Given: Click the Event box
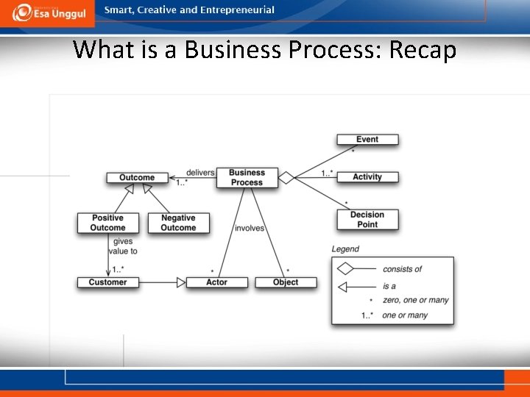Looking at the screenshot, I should tap(367, 139).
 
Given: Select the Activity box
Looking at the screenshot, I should tap(367, 176).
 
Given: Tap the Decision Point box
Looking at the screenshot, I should tap(367, 219).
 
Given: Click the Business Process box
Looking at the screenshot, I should tap(247, 177).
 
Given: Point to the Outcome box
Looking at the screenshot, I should tap(137, 177).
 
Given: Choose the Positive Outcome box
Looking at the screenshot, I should tap(107, 223).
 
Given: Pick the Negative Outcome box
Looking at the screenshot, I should tap(178, 223).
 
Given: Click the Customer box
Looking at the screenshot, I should tap(107, 282).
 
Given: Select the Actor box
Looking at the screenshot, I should tap(216, 282).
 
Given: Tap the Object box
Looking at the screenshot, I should tap(286, 282).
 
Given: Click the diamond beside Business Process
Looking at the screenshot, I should tap(286, 176).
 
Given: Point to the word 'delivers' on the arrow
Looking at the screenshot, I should tap(200, 173).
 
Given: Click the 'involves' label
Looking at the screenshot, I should tap(250, 228).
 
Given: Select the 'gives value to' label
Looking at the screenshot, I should tap(122, 246).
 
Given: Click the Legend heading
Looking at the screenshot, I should tap(345, 249).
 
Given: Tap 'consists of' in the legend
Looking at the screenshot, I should tap(403, 269).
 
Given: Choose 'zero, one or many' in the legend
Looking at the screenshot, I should tap(415, 300).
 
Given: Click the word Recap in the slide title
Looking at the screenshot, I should tap(423, 50).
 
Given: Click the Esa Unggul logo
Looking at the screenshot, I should tap(49, 12).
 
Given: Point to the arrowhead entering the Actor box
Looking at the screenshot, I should tap(180, 282).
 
